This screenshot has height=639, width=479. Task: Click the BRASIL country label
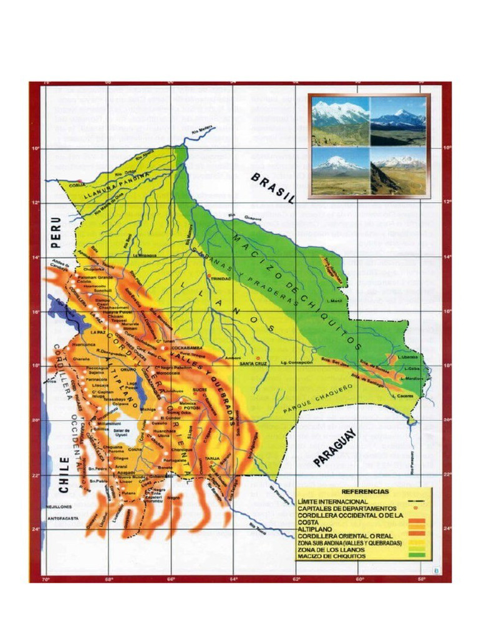(x=273, y=188)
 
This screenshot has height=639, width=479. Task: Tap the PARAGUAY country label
(x=335, y=447)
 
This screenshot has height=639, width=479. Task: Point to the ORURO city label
(x=128, y=369)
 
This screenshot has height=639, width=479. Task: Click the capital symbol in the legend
(x=414, y=509)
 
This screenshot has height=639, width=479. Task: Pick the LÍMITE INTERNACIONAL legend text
(x=333, y=500)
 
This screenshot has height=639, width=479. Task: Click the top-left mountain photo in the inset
(x=341, y=120)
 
